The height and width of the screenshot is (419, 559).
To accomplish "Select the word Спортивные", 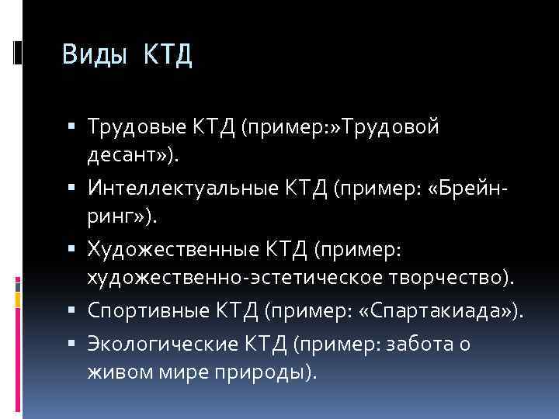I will point(136,312).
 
